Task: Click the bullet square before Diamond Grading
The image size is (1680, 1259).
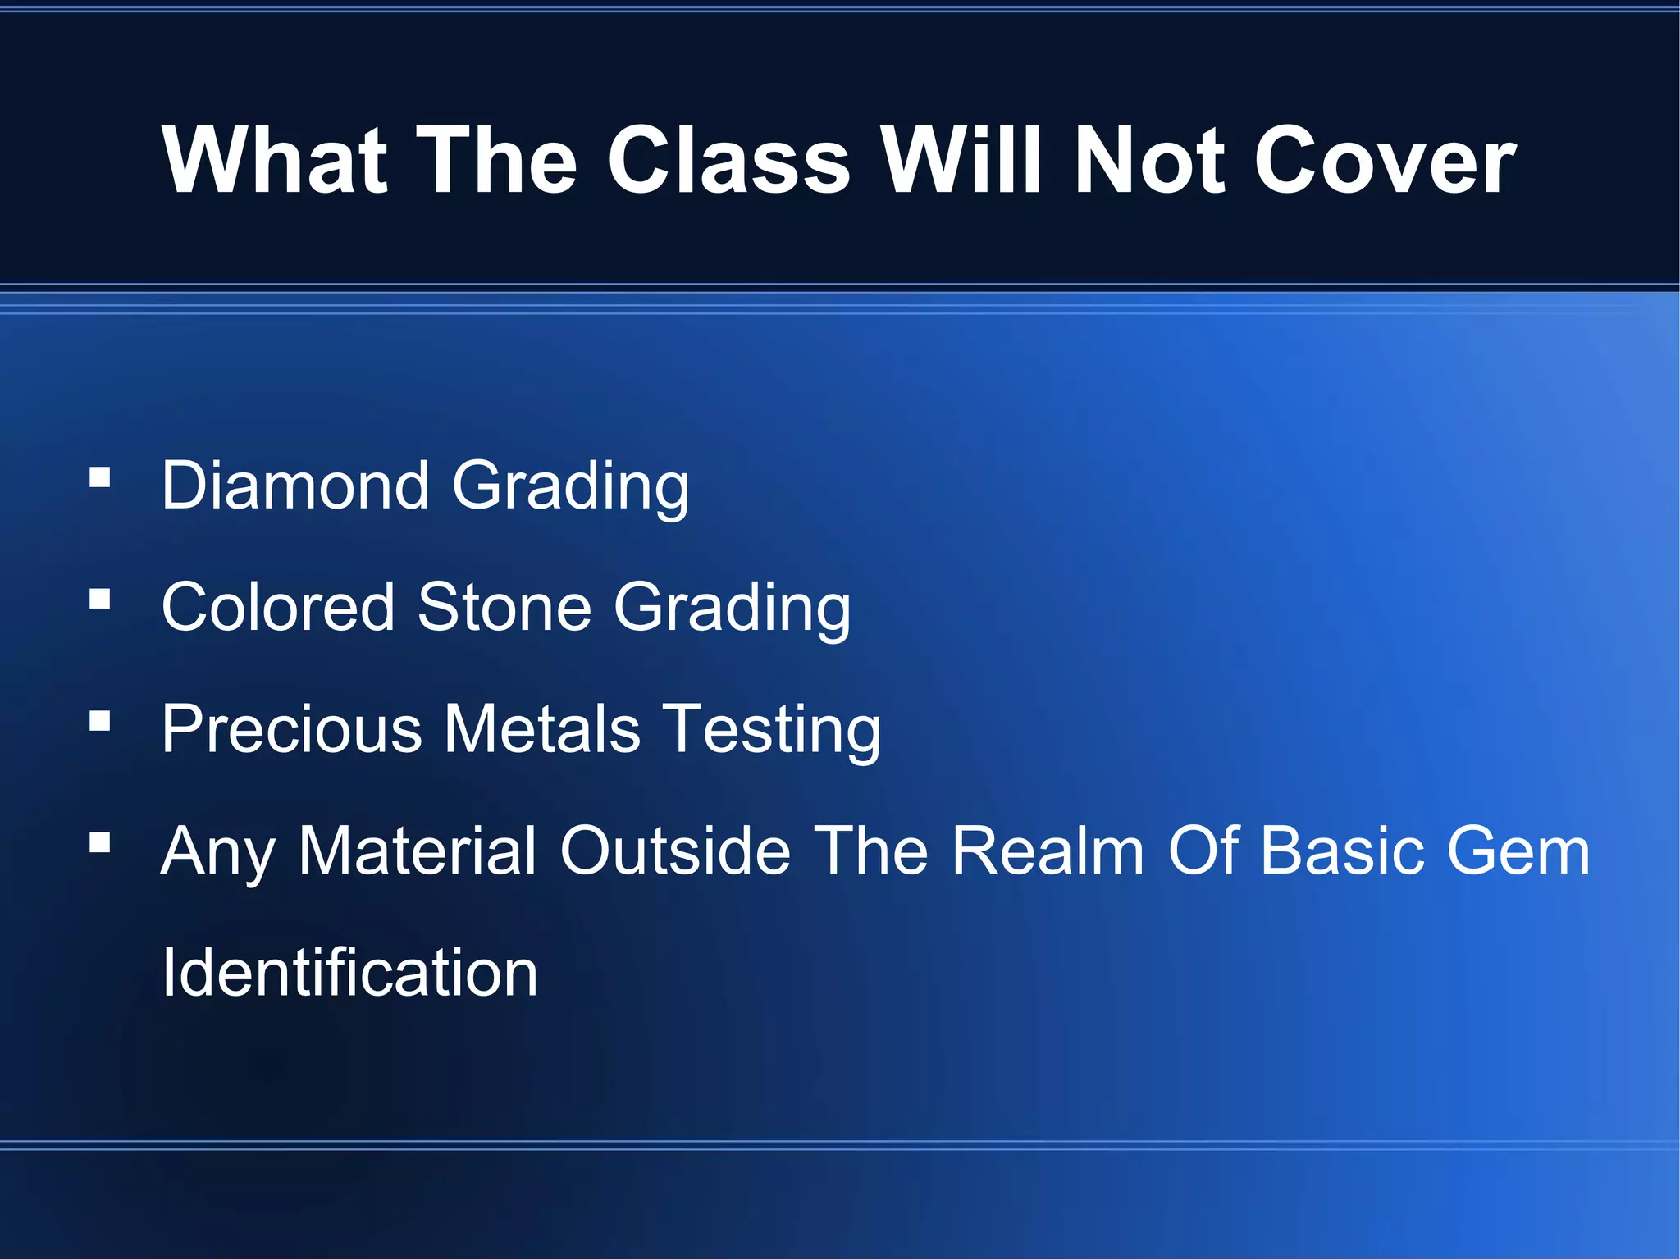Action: click(x=100, y=477)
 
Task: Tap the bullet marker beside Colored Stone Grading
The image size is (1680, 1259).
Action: click(x=100, y=600)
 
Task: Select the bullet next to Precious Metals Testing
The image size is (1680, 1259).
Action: click(x=100, y=721)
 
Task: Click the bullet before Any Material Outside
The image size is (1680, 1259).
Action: click(x=100, y=843)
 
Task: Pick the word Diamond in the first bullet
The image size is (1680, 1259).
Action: click(x=295, y=486)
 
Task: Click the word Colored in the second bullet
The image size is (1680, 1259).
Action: click(x=278, y=607)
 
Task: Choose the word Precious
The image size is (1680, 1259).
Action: click(x=291, y=728)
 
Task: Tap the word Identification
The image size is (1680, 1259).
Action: click(x=349, y=973)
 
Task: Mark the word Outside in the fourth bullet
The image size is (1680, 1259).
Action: click(x=675, y=851)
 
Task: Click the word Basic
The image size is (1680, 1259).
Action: click(x=1346, y=851)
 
